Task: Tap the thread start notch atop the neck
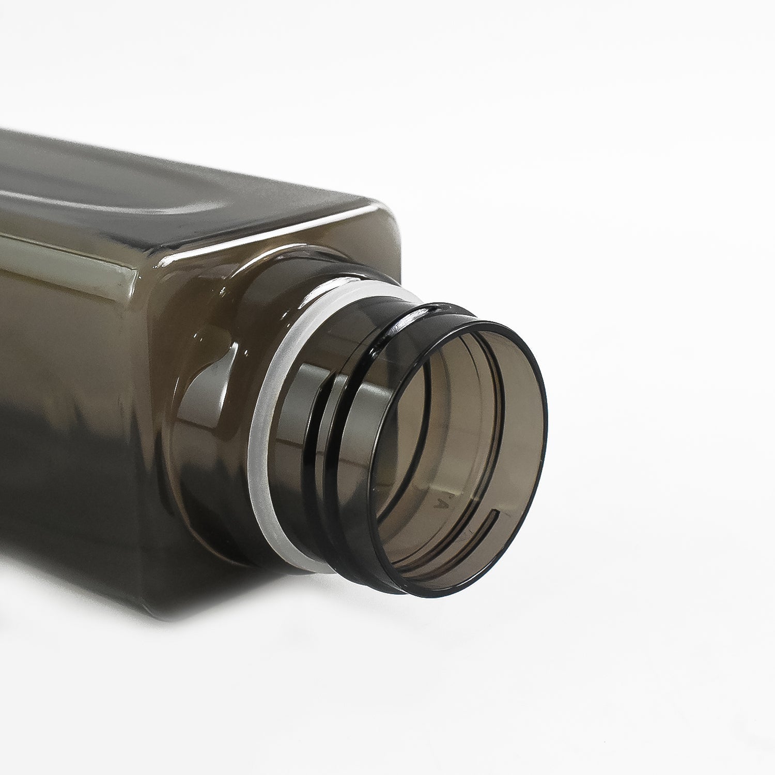point(424,310)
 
